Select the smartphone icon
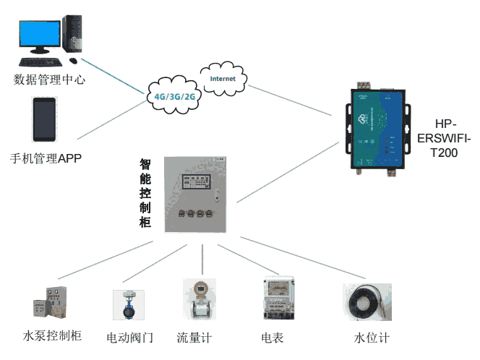(x=44, y=119)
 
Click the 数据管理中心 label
(x=49, y=80)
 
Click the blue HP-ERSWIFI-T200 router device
(x=376, y=129)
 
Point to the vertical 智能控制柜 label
(x=145, y=194)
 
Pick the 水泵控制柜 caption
(x=52, y=336)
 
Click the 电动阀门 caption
(x=130, y=338)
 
